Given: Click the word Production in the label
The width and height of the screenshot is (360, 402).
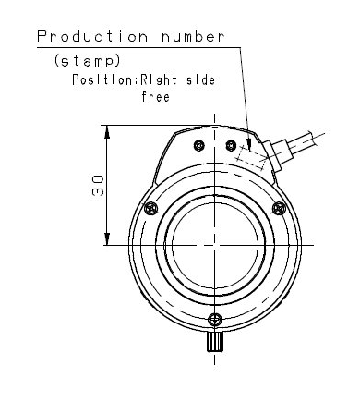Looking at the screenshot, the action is click(92, 36).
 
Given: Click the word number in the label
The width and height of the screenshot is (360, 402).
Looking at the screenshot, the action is click(193, 37).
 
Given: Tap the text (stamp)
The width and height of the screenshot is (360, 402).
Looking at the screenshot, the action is click(87, 61).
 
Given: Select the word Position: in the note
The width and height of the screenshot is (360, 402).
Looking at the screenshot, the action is click(106, 79).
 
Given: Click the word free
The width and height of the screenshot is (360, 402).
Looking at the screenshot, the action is click(156, 97).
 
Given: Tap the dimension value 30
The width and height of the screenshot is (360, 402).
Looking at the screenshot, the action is click(97, 186).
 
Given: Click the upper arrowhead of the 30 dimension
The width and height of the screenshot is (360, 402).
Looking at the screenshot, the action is click(107, 132).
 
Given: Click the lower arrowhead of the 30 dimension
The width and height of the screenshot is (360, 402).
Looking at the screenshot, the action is click(107, 238).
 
